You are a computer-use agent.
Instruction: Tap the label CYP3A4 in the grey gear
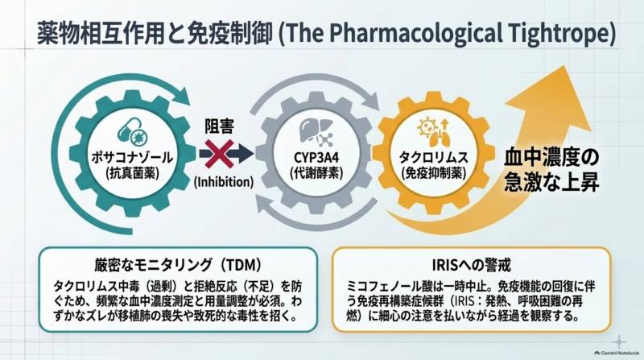pyautogui.click(x=316, y=157)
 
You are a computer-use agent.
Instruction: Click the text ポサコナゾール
pyautogui.click(x=133, y=157)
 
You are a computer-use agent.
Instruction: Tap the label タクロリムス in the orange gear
pyautogui.click(x=434, y=157)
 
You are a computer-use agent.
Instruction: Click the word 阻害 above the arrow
pyautogui.click(x=219, y=126)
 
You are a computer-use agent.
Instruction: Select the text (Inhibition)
pyautogui.click(x=224, y=182)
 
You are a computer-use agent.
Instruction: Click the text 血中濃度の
pyautogui.click(x=551, y=157)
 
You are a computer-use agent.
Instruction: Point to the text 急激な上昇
pyautogui.click(x=551, y=181)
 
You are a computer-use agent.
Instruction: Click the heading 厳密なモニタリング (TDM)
pyautogui.click(x=178, y=265)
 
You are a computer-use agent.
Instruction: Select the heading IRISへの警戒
pyautogui.click(x=472, y=265)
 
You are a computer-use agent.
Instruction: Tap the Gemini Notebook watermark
pyautogui.click(x=617, y=353)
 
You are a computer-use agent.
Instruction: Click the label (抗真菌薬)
pyautogui.click(x=133, y=173)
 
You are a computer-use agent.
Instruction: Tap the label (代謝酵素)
pyautogui.click(x=316, y=173)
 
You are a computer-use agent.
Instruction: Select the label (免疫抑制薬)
pyautogui.click(x=434, y=173)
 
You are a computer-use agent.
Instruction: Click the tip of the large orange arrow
pyautogui.click(x=568, y=66)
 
